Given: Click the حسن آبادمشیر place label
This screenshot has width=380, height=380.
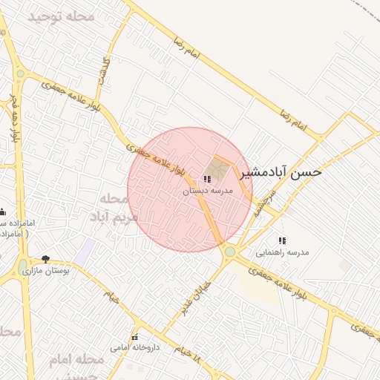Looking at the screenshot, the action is tap(285, 172).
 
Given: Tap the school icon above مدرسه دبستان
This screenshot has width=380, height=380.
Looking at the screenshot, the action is tap(207, 179).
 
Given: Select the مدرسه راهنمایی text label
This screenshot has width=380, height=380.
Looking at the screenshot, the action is tap(282, 252).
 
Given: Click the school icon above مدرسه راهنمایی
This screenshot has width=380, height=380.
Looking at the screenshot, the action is tap(281, 240).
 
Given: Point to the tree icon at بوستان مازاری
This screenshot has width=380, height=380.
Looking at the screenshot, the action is tap(46, 259).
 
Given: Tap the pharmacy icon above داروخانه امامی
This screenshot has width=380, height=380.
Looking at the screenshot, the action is tap(134, 337).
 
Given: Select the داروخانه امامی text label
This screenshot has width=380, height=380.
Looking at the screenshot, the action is tap(134, 347).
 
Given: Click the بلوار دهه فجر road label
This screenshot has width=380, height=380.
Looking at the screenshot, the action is tap(14, 119).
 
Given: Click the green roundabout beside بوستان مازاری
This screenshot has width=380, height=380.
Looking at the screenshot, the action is tap(23, 265).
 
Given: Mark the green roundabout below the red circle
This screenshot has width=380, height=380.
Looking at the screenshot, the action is tap(230, 252).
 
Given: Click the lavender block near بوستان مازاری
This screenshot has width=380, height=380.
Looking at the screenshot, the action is tap(87, 249).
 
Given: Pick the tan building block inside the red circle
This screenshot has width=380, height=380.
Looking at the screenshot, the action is tap(217, 167).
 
